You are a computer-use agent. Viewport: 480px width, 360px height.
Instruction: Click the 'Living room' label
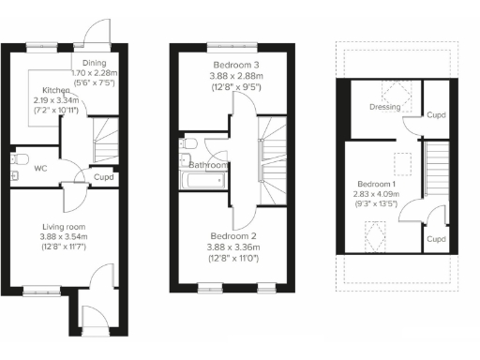click(x=64, y=226)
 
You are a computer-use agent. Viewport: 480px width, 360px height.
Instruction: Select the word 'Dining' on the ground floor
click(x=93, y=62)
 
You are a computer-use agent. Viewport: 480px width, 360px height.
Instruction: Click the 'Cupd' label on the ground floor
click(x=104, y=176)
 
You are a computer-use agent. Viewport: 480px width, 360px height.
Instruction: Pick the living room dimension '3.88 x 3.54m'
click(x=64, y=236)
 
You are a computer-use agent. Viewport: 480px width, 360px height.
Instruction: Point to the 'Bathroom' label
click(x=208, y=165)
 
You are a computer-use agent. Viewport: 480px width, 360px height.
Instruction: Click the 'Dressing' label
click(x=385, y=108)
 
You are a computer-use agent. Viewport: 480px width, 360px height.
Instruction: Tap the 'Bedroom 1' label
click(x=375, y=185)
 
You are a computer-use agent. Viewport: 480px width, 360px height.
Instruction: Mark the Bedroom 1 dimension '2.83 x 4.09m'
click(x=375, y=195)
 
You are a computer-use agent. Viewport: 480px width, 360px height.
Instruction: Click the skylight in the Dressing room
click(x=397, y=93)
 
